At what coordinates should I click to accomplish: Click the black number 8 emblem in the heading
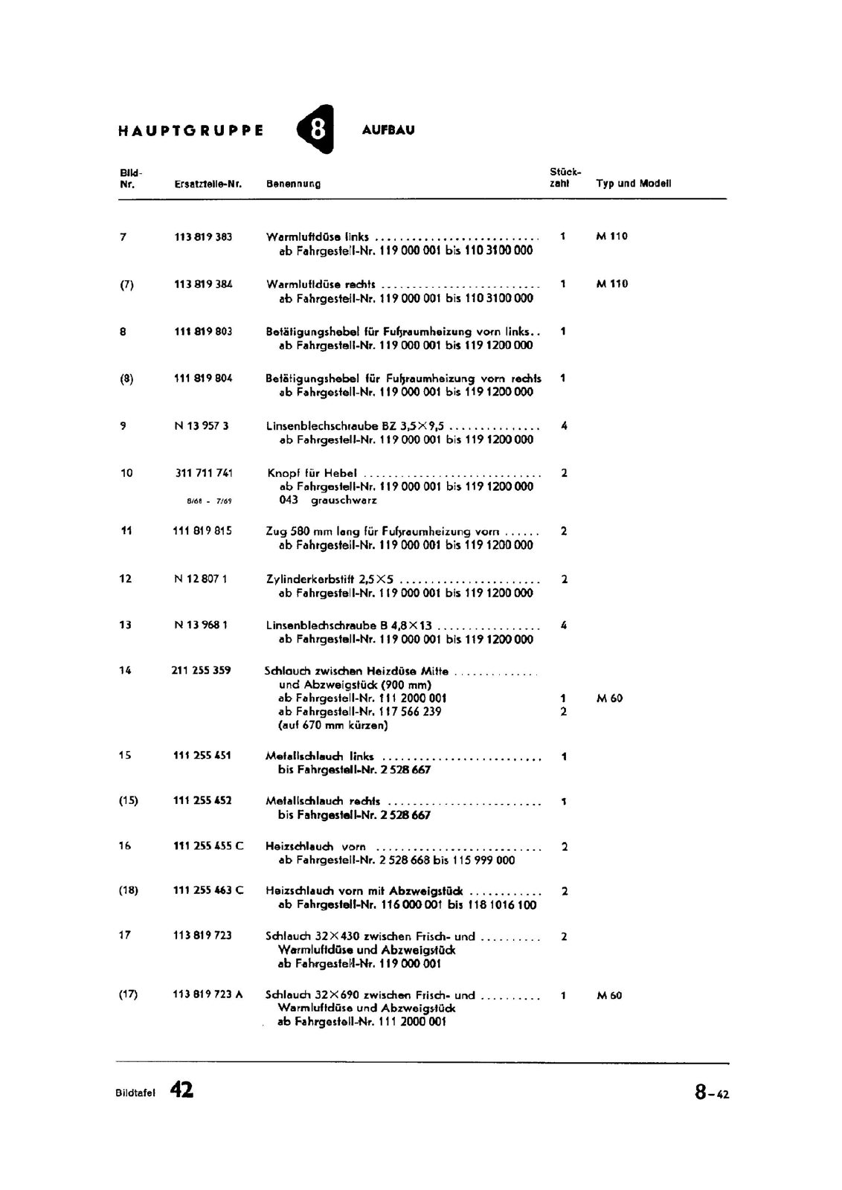tap(316, 129)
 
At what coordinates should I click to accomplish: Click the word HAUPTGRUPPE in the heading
tap(190, 131)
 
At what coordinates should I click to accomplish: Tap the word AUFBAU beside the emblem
tap(388, 130)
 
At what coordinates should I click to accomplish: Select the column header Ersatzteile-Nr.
tap(208, 184)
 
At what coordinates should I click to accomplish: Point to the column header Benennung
tap(294, 184)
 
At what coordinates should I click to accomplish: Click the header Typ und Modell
tap(633, 184)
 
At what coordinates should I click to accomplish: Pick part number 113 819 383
tap(203, 237)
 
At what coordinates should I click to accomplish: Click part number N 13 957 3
tap(202, 426)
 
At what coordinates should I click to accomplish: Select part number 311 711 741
tap(204, 473)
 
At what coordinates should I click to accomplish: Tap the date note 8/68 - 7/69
tap(209, 501)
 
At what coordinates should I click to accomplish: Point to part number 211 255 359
tap(201, 671)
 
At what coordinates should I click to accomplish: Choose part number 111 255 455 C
tap(208, 846)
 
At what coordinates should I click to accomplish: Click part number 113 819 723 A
tap(208, 995)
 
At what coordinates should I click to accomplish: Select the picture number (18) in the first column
tap(128, 890)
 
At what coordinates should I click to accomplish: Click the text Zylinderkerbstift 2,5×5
tap(330, 579)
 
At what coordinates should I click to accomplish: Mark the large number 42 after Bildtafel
tap(181, 1090)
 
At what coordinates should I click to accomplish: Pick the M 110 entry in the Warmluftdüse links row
tap(611, 237)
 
